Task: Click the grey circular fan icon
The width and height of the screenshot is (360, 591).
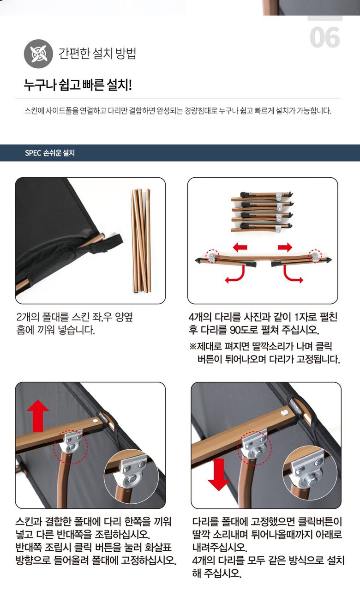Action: [38, 54]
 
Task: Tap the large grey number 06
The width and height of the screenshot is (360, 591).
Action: [324, 37]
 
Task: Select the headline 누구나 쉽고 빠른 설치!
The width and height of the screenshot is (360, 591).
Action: [78, 85]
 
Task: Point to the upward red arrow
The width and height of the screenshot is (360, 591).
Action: [38, 416]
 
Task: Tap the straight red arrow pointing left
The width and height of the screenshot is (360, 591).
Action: [240, 247]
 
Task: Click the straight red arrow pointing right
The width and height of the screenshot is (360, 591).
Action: [285, 247]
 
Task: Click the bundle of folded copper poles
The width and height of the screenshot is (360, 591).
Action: [141, 241]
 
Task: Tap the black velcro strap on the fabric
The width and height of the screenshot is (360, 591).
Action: [107, 243]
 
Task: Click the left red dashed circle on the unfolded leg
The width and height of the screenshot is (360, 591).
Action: [212, 256]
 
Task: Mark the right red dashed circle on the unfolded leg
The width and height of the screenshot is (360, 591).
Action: [315, 256]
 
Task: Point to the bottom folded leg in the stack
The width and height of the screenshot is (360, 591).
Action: [262, 228]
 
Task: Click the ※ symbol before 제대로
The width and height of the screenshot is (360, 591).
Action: [193, 346]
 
